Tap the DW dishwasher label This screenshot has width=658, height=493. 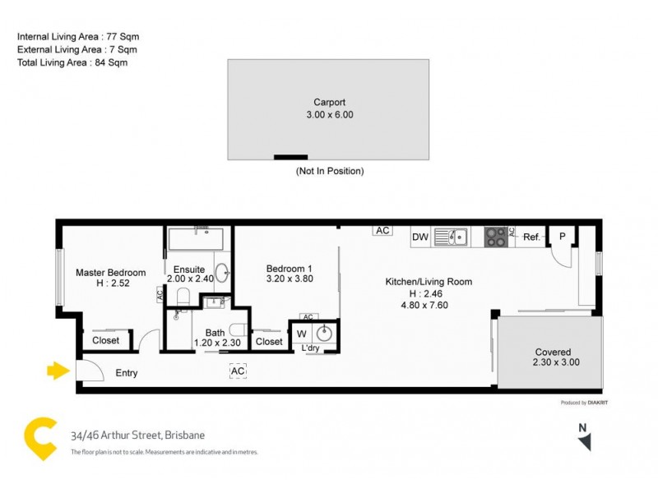(x=420, y=237)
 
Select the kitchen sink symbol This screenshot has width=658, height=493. (x=451, y=237)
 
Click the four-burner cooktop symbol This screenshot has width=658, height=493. (x=496, y=237)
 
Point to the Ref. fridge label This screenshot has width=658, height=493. (x=531, y=237)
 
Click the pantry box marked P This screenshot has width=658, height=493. (x=562, y=237)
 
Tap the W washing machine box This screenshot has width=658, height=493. (x=301, y=334)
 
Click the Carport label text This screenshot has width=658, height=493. (x=329, y=103)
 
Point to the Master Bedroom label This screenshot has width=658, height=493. (x=111, y=273)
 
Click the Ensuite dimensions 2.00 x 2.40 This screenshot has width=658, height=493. (x=190, y=279)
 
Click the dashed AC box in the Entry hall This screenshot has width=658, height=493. (x=238, y=371)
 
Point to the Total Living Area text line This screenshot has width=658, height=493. (x=72, y=62)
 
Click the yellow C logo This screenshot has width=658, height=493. (x=38, y=439)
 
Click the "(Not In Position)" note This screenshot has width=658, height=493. (x=329, y=171)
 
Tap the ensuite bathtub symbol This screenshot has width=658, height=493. (x=200, y=241)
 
